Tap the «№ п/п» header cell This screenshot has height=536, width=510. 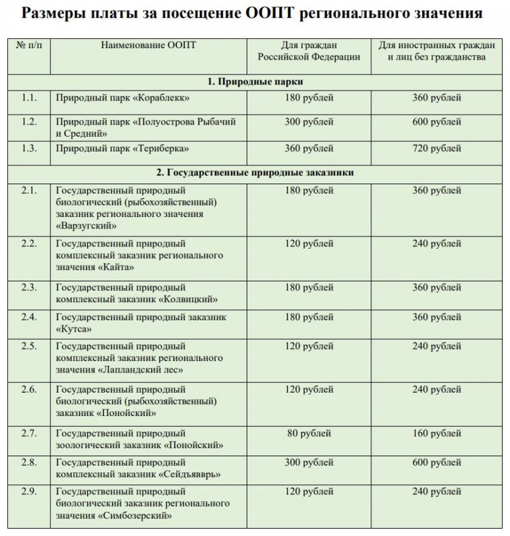[x=28, y=46]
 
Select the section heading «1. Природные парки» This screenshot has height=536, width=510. [x=255, y=82]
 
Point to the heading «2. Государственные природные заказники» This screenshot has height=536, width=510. [x=255, y=173]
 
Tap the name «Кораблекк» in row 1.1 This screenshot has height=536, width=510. [x=162, y=98]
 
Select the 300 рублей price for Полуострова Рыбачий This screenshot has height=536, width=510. [x=309, y=122]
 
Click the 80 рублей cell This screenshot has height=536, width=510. [x=309, y=433]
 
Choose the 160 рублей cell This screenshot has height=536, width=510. [x=436, y=433]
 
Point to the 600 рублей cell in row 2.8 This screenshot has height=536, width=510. [x=436, y=463]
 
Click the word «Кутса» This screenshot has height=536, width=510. [x=74, y=328]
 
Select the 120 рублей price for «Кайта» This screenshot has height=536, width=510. [x=309, y=244]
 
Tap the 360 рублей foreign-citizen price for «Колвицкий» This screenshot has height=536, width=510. [x=436, y=287]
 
